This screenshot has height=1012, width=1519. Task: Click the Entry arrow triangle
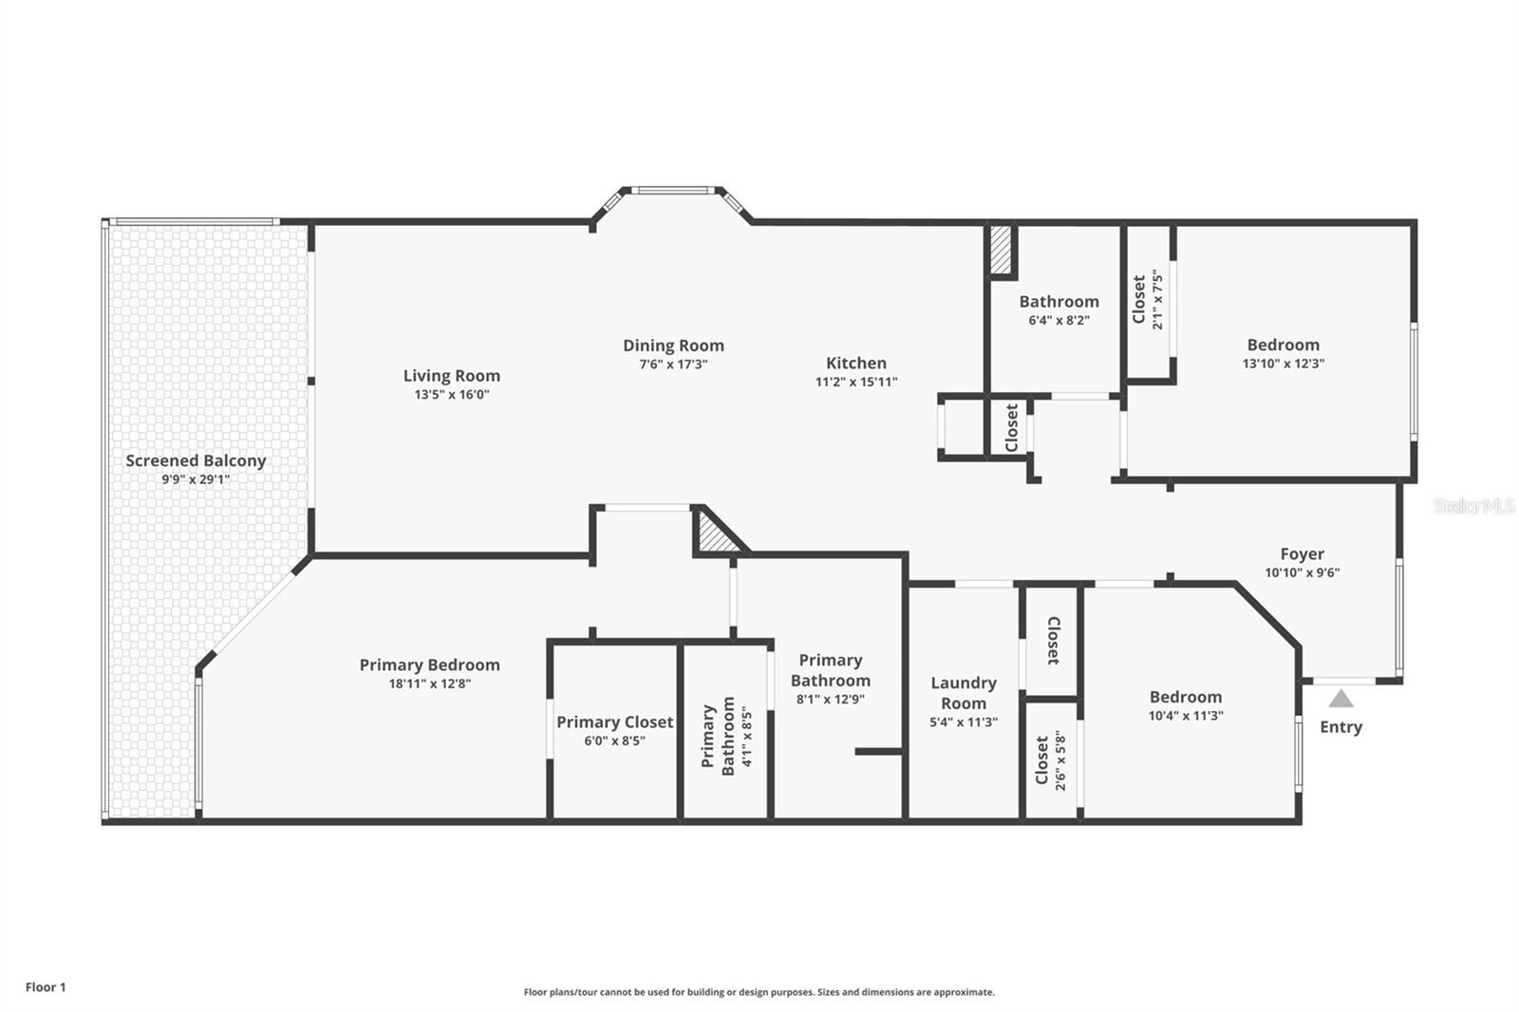pyautogui.click(x=1341, y=700)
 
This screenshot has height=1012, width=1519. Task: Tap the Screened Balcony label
pyautogui.click(x=196, y=461)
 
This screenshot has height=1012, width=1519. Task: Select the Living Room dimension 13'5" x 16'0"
pyautogui.click(x=451, y=395)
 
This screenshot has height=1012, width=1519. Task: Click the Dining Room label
pyautogui.click(x=673, y=346)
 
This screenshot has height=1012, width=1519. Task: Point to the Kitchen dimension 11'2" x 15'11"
pyautogui.click(x=855, y=382)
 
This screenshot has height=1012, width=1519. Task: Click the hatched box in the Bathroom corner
pyautogui.click(x=1002, y=250)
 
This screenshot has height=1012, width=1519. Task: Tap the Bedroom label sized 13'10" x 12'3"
pyautogui.click(x=1283, y=346)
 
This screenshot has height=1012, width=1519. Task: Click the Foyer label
pyautogui.click(x=1302, y=554)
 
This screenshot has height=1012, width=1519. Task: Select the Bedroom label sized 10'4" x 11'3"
pyautogui.click(x=1185, y=697)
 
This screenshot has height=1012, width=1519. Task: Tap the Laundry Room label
pyautogui.click(x=963, y=693)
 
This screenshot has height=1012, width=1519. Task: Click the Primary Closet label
pyautogui.click(x=614, y=722)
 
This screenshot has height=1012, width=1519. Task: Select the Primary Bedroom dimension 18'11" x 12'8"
pyautogui.click(x=429, y=684)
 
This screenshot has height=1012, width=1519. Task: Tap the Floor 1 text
pyautogui.click(x=46, y=987)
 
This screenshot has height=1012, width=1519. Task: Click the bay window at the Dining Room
pyautogui.click(x=672, y=191)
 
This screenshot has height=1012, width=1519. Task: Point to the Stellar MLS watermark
pyautogui.click(x=1473, y=506)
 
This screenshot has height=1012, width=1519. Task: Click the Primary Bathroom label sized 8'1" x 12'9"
pyautogui.click(x=830, y=670)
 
